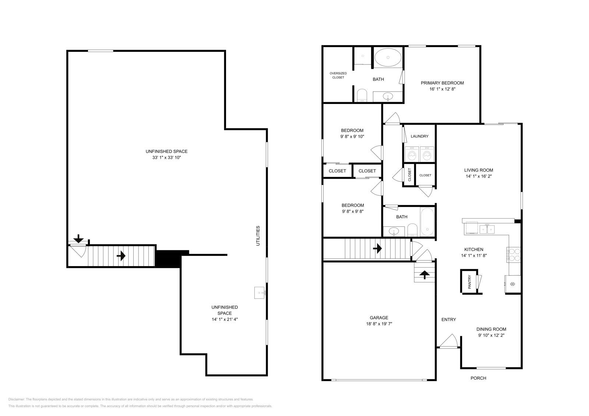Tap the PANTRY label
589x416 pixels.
469,282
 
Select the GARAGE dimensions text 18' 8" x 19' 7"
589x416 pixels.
379,324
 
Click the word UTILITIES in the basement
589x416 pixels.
258,236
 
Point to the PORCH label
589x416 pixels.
478,378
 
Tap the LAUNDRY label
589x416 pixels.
419,136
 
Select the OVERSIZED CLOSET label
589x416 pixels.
338,75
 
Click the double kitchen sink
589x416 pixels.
487,229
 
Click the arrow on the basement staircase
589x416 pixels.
121,255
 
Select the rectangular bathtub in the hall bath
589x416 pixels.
427,222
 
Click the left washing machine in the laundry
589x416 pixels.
412,154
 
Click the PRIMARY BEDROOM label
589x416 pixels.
442,83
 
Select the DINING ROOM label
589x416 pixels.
491,329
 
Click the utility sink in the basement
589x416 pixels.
260,293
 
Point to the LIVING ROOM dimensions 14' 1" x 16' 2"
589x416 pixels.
478,176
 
